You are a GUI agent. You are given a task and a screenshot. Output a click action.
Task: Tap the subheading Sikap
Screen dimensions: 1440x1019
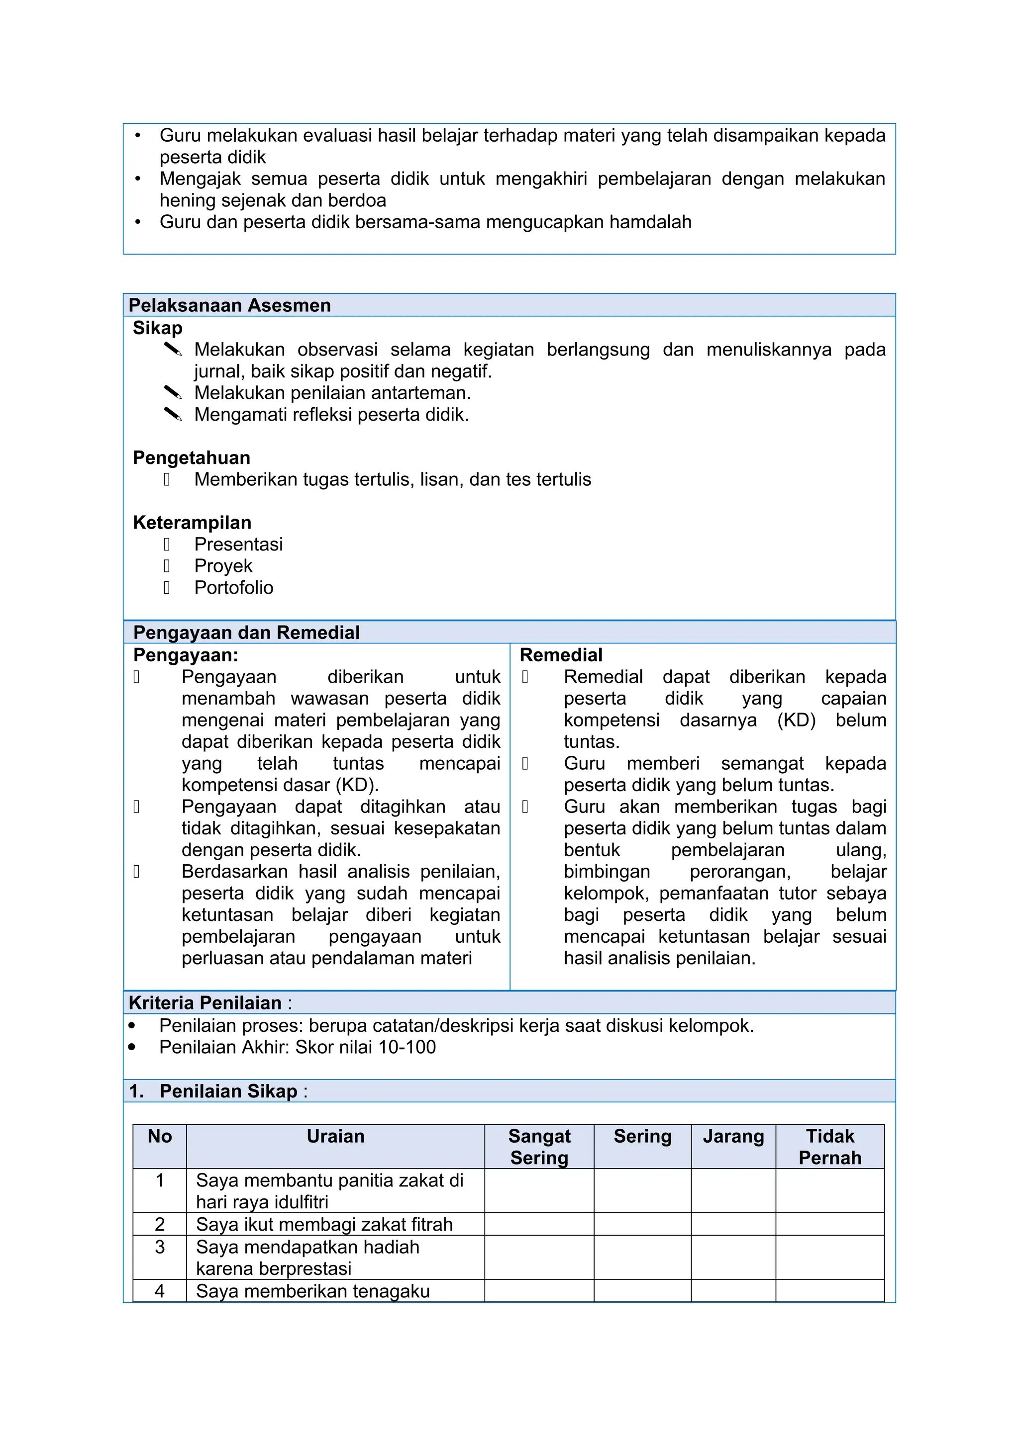pos(158,328)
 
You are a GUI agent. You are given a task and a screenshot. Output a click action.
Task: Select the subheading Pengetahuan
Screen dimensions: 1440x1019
pos(192,458)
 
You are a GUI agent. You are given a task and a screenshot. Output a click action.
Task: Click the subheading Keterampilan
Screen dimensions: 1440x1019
pos(192,523)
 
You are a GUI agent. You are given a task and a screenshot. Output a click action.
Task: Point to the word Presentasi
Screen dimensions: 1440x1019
pos(238,544)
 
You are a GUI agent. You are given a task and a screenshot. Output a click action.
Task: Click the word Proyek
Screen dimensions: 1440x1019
pos(223,566)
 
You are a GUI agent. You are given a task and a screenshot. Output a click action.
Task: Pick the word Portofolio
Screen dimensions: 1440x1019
pos(233,588)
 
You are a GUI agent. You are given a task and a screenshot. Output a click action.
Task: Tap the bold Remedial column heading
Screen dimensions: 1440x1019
pos(561,655)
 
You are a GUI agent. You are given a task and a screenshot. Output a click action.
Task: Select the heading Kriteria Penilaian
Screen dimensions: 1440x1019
pos(204,1003)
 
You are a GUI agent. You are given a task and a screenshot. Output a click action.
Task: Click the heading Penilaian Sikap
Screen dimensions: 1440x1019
pos(228,1091)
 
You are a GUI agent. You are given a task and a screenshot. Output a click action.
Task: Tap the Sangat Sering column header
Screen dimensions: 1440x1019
pos(539,1147)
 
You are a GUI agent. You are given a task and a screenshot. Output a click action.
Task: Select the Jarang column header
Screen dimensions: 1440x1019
pos(733,1137)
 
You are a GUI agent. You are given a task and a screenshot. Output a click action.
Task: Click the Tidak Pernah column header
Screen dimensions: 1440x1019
pos(829,1147)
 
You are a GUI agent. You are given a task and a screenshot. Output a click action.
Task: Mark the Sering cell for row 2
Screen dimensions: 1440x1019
pos(642,1224)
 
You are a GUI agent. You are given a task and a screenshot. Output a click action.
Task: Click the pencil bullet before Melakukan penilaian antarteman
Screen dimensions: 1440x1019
pos(173,393)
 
